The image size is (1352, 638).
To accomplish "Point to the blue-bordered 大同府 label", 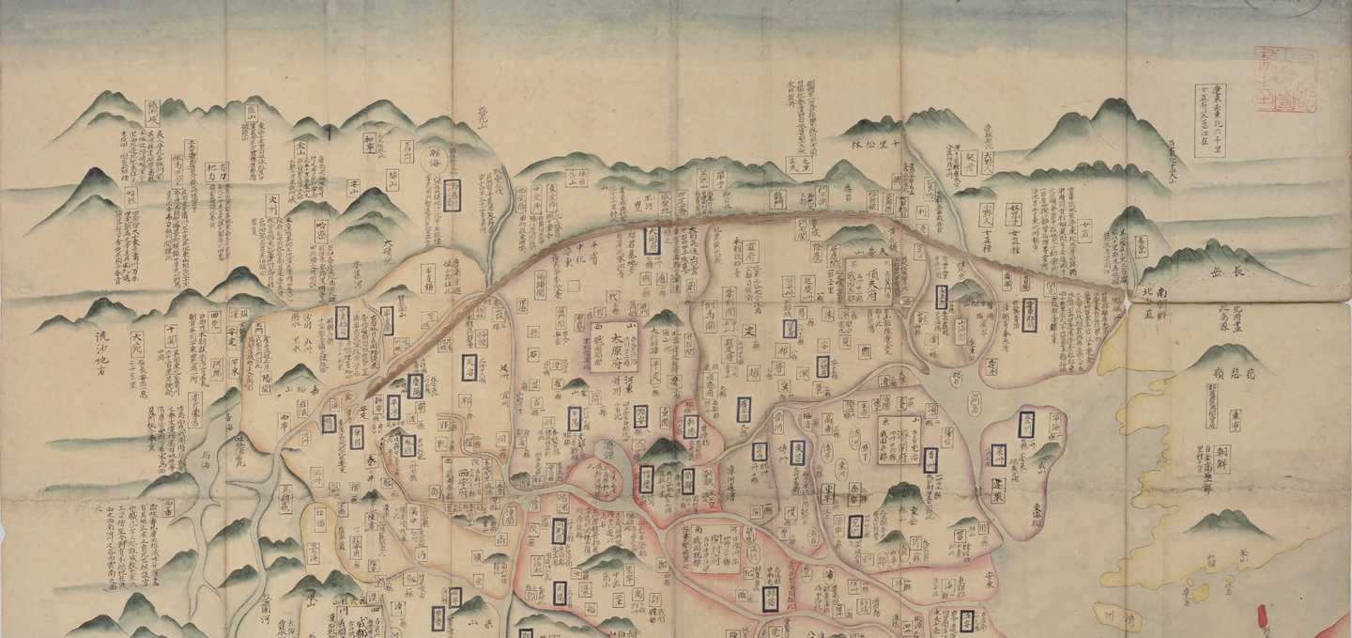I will pyautogui.click(x=653, y=239).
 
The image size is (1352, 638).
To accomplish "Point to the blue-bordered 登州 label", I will pyautogui.click(x=1026, y=424).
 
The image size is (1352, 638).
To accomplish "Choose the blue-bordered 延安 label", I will pyautogui.click(x=469, y=366).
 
